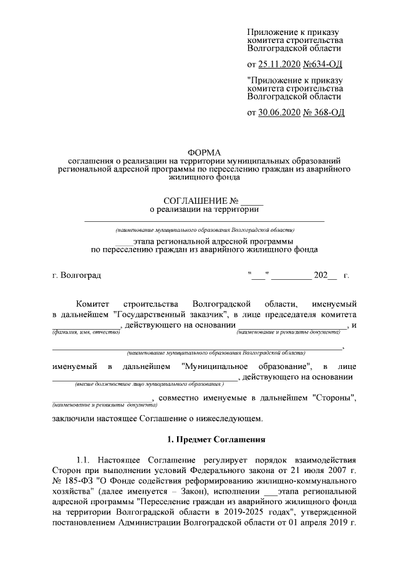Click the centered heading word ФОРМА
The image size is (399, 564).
pos(204,153)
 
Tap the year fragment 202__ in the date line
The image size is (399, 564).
pos(325,275)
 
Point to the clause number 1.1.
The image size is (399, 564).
pos(85,460)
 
